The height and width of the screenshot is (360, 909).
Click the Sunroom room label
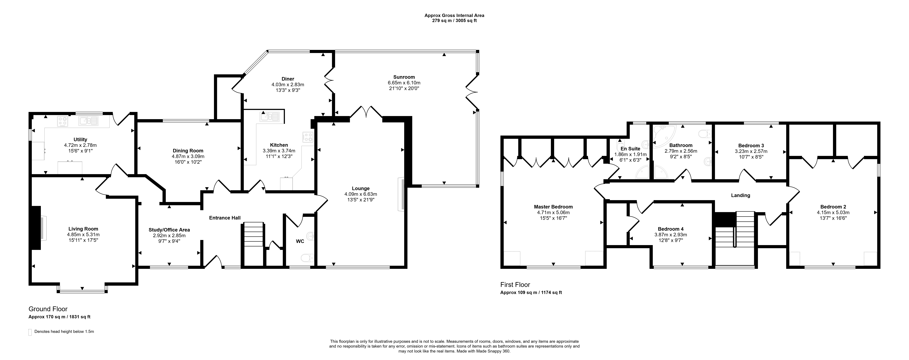[x=404, y=77]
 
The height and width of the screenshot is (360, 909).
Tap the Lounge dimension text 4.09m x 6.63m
[x=361, y=194]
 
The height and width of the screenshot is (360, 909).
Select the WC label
[x=300, y=241]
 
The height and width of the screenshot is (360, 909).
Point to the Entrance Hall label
[x=225, y=218]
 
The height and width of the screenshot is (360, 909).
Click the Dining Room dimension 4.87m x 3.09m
[x=188, y=156]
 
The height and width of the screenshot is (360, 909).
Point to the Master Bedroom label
[x=553, y=207]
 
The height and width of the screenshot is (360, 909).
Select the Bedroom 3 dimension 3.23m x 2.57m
[x=751, y=151]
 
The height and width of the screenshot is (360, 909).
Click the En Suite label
[x=631, y=149]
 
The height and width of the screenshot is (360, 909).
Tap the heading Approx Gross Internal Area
[x=454, y=15]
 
